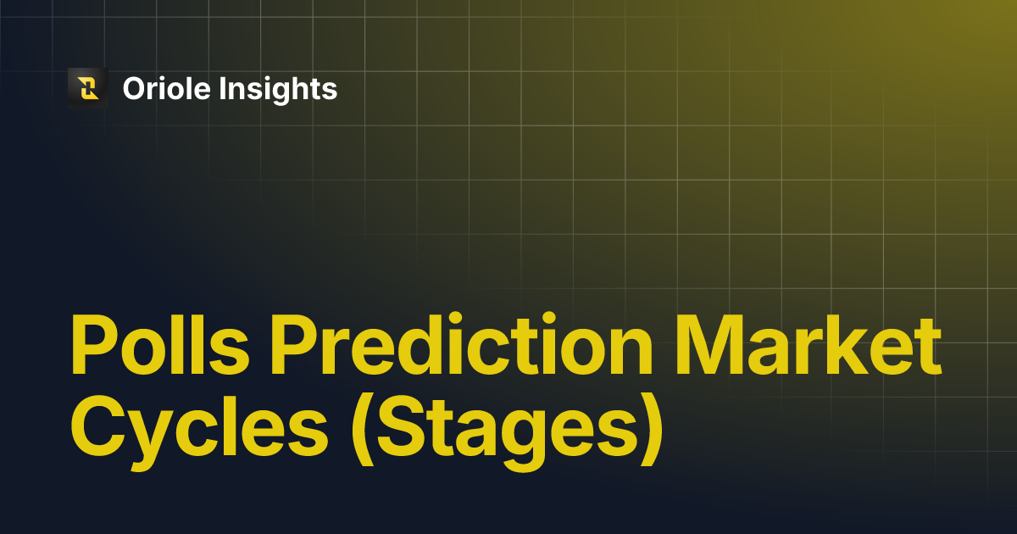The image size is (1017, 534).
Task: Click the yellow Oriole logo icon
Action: click(x=87, y=88)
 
